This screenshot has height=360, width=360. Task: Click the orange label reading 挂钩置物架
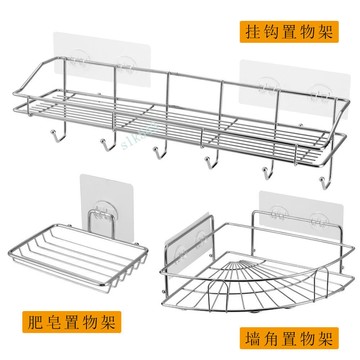click(289, 32)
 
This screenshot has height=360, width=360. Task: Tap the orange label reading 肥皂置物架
click(71, 322)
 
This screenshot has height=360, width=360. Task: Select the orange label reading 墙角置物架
click(289, 338)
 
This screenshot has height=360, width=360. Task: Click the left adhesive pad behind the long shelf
click(102, 60)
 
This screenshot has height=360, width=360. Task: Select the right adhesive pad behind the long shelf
click(294, 88)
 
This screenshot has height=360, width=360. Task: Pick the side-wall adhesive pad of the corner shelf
click(191, 246)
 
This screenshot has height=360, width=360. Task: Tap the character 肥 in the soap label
click(36, 322)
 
